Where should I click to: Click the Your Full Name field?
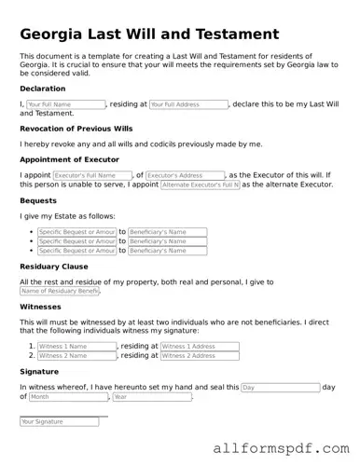click(65, 104)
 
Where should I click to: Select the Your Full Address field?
click(188, 104)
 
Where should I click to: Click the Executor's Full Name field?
click(92, 175)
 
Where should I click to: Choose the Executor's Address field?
click(186, 175)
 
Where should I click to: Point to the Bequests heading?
click(38, 200)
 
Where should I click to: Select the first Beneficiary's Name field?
click(163, 232)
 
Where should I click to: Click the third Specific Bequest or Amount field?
click(77, 251)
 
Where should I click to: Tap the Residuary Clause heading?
click(53, 267)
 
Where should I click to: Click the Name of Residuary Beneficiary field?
click(60, 292)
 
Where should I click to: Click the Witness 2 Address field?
click(200, 355)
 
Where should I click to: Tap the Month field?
click(67, 397)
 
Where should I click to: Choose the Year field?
click(151, 397)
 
